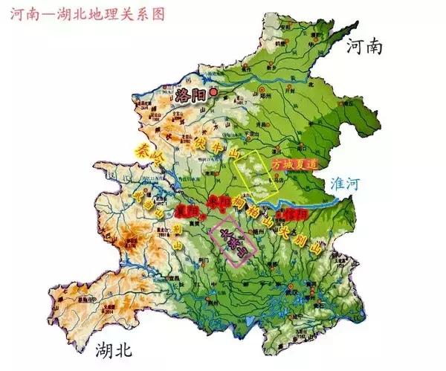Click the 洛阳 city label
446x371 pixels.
(x=190, y=94)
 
